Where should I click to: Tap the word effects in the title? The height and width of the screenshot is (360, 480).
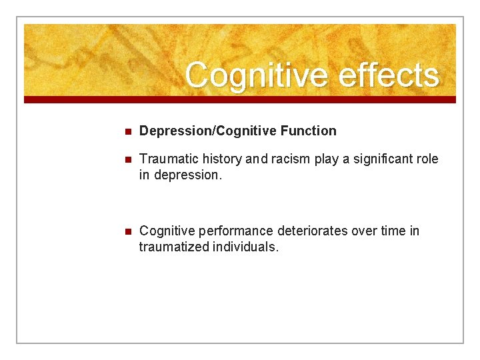pos(389,75)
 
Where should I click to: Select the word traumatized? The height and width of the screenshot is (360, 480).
pos(173,247)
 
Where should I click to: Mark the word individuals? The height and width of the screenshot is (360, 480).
pos(243,247)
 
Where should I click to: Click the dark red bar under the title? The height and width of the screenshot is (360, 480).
pos(240,99)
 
